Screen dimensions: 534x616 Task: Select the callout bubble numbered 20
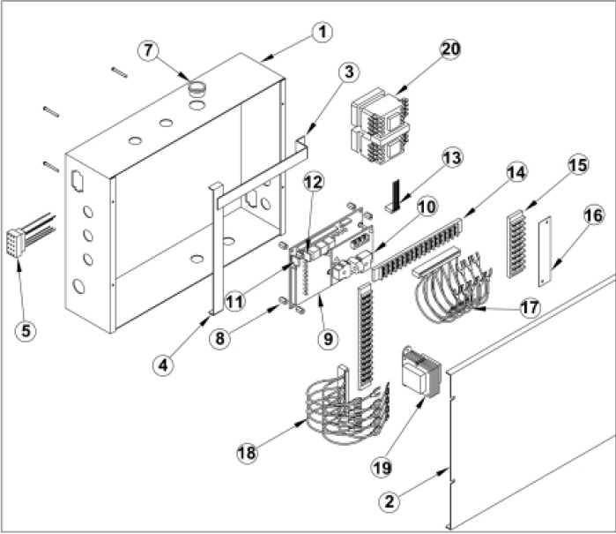coord(449,50)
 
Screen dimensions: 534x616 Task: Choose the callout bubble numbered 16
coord(591,214)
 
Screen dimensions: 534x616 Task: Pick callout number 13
coord(452,158)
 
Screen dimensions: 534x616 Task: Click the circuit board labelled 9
coord(322,256)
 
